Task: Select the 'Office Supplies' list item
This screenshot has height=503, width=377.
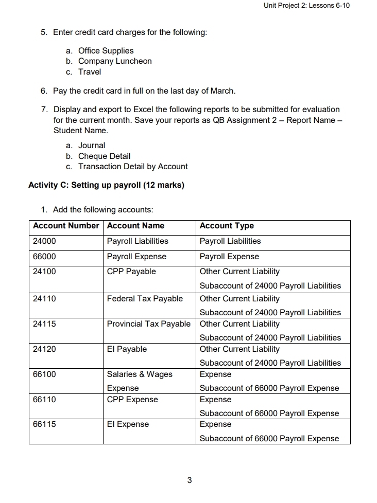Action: click(x=106, y=50)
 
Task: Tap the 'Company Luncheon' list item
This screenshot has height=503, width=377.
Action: click(x=115, y=61)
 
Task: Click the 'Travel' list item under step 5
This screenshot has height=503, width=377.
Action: click(x=90, y=72)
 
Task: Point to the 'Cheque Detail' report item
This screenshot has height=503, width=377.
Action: click(x=104, y=156)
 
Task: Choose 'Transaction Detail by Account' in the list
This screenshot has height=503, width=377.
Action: click(x=133, y=167)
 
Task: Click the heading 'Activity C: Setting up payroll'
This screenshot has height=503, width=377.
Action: click(x=106, y=185)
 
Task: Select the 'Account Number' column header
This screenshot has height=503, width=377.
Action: click(x=65, y=226)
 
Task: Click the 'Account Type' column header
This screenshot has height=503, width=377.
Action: click(x=227, y=226)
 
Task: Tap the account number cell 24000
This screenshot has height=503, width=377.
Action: click(x=44, y=241)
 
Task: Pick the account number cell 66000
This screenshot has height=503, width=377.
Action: click(x=44, y=257)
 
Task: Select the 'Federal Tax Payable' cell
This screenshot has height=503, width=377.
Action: click(x=145, y=299)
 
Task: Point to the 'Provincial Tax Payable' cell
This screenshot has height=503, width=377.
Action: click(x=148, y=324)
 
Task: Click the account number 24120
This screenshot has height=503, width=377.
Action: click(x=44, y=349)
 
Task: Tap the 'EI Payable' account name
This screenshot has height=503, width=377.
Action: click(x=127, y=349)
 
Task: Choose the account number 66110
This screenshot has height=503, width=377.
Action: click(x=44, y=400)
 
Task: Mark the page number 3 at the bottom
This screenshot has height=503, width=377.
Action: click(x=189, y=480)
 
